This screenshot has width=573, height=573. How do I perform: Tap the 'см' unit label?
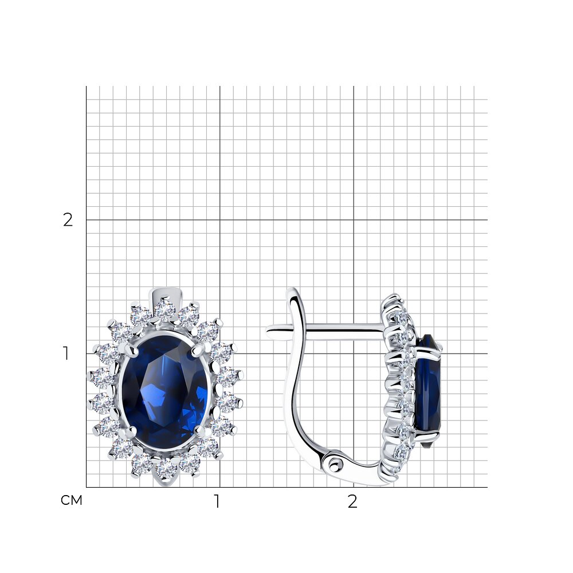[72, 500]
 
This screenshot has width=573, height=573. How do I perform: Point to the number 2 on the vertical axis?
[68, 220]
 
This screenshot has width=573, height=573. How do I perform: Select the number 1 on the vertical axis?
[66, 354]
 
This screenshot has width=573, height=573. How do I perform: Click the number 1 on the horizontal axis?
[217, 501]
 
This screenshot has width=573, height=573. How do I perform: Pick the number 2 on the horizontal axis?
[352, 502]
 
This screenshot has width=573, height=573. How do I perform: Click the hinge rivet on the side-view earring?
[333, 465]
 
